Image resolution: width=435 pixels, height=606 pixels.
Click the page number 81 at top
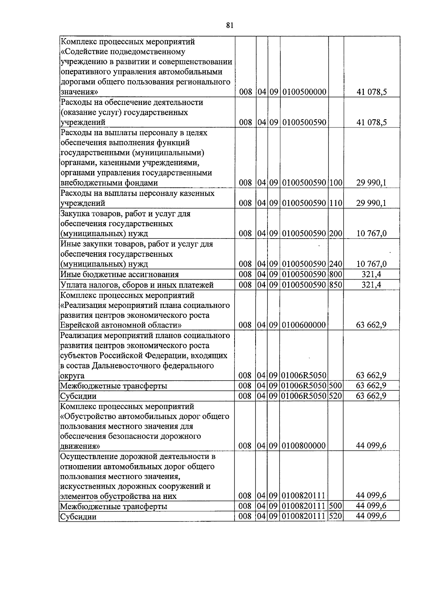coord(229,25)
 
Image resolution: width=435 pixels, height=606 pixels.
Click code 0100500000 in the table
coord(304,92)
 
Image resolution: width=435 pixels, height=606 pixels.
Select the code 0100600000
coord(304,325)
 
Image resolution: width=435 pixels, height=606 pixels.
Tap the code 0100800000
coord(304,446)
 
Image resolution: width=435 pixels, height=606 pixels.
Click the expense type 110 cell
coord(336,203)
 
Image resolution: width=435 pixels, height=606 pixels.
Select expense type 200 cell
coord(336,233)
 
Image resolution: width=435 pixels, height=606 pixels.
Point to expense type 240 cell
coord(336,264)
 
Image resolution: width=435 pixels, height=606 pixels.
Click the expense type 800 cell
coord(336,274)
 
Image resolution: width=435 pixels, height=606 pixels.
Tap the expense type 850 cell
coord(336,285)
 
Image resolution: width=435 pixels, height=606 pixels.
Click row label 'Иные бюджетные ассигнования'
coord(119,274)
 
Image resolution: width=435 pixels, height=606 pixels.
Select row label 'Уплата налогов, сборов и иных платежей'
coord(136,285)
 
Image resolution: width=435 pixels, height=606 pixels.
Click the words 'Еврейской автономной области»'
coord(121,325)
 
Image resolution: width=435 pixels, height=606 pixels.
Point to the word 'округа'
coord(72,376)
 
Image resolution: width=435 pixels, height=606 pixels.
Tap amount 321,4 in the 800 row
coord(371,274)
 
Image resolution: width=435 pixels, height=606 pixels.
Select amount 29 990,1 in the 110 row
coord(371,203)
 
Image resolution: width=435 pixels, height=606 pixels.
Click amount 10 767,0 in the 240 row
coord(371,264)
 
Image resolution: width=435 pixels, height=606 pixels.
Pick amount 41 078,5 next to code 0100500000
coord(371,92)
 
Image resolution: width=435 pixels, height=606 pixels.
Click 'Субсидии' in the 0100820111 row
coord(78,516)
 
